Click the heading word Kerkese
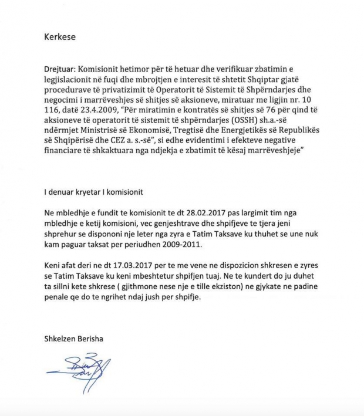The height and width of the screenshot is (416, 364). point(60,37)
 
